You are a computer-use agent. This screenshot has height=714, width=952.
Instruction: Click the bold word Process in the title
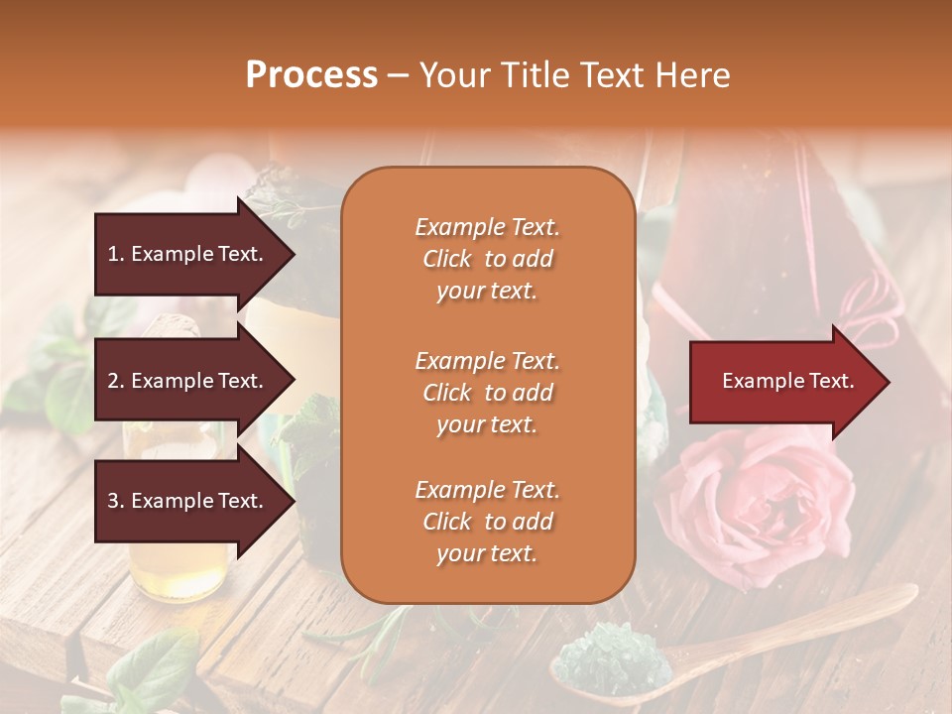pyautogui.click(x=311, y=74)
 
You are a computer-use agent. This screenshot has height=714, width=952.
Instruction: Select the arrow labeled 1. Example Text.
pyautogui.click(x=188, y=254)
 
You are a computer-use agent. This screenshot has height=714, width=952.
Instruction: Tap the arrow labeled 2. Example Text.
pyautogui.click(x=188, y=381)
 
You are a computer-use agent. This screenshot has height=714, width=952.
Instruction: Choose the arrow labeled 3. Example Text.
pyautogui.click(x=188, y=501)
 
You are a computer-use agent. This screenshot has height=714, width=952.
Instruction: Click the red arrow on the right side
pyautogui.click(x=783, y=382)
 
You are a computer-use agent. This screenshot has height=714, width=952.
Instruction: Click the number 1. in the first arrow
pyautogui.click(x=116, y=254)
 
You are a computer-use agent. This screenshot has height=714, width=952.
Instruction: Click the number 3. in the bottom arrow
pyautogui.click(x=116, y=501)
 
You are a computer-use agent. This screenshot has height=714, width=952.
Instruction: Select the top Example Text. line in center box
pyautogui.click(x=487, y=227)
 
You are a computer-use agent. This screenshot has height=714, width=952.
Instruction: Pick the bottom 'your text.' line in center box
pyautogui.click(x=487, y=554)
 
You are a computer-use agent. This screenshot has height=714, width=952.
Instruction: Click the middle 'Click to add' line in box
pyautogui.click(x=487, y=393)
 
